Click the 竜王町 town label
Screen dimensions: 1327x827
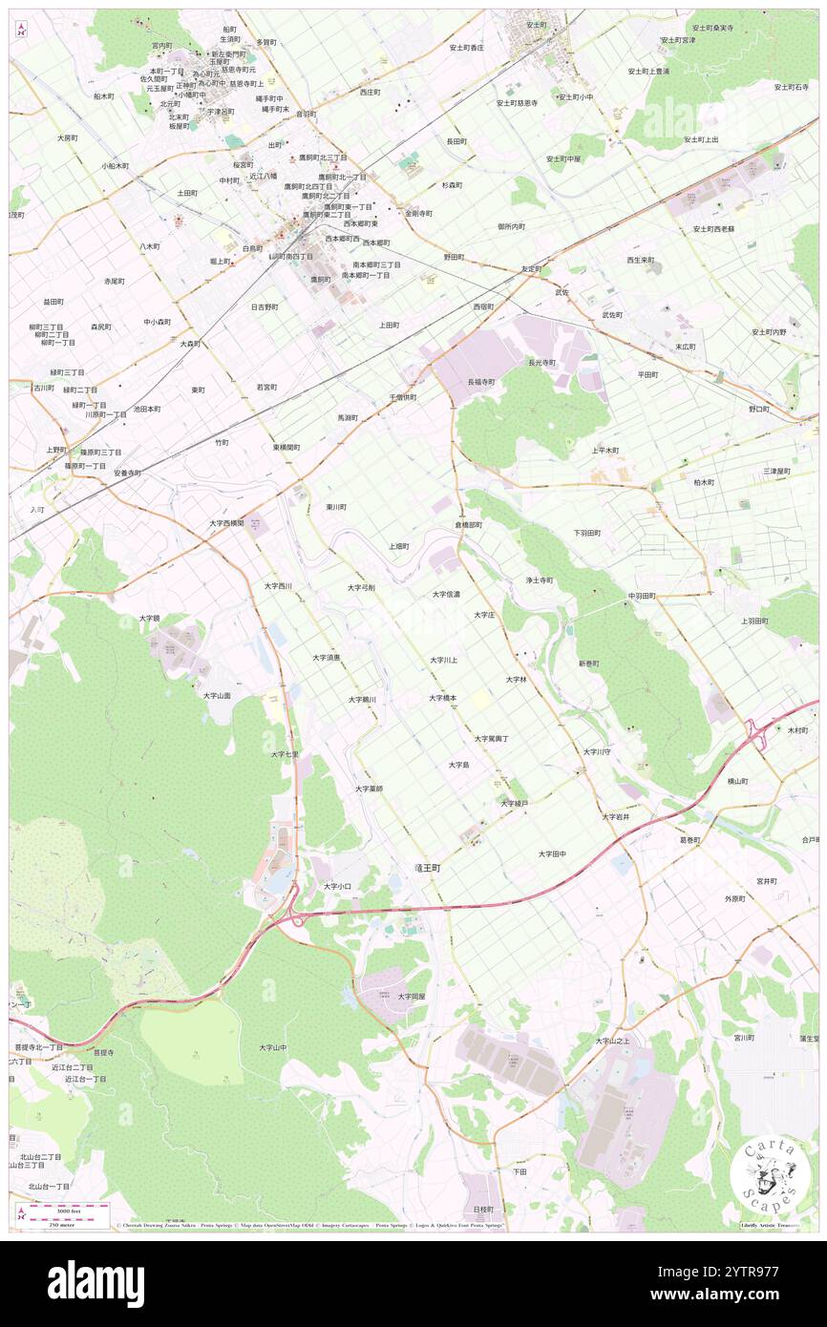[x=427, y=869]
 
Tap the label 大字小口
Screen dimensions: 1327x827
[x=337, y=886]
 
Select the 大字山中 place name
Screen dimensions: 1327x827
[x=272, y=1047]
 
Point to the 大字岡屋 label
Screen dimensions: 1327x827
[x=412, y=996]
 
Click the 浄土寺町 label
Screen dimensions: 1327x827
[x=539, y=579]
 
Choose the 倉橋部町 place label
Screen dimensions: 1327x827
[x=468, y=525]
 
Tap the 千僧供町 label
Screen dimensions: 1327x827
[x=402, y=397]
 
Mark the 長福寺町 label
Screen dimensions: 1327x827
[x=481, y=382]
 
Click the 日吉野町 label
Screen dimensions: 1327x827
[x=265, y=307]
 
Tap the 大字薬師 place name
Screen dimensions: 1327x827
[x=369, y=789]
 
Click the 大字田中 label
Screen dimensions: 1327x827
[x=552, y=853]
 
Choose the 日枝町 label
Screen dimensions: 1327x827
[x=483, y=1209]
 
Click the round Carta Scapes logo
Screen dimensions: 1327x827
[x=769, y=1174]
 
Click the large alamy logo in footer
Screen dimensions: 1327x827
[x=95, y=1284]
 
